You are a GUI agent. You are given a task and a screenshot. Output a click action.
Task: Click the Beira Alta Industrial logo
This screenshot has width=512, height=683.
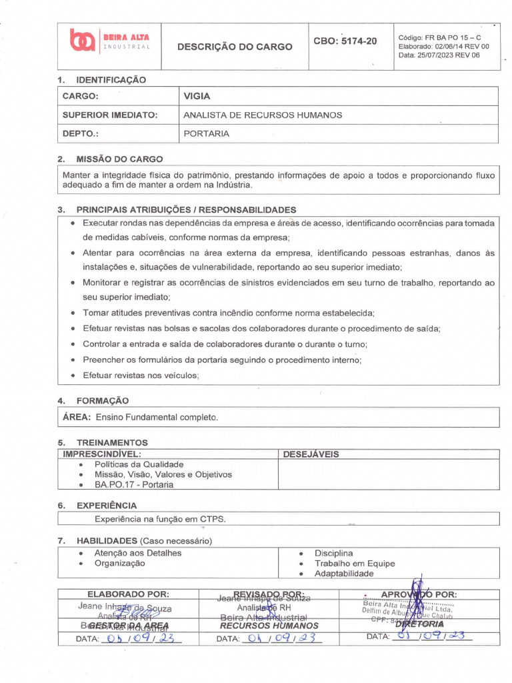[110, 42]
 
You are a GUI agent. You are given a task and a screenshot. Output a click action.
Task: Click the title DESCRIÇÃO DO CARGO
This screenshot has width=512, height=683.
[234, 47]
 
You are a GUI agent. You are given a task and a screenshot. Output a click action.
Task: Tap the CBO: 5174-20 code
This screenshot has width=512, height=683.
[345, 42]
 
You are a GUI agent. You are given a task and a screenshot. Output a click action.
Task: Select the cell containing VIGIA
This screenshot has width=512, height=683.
[197, 96]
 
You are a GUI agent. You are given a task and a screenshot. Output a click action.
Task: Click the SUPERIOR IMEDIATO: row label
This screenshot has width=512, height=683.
[109, 115]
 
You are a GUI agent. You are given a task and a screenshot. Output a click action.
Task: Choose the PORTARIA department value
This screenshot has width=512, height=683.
[206, 133]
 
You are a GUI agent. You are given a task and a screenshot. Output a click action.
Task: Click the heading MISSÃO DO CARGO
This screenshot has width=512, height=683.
[119, 159]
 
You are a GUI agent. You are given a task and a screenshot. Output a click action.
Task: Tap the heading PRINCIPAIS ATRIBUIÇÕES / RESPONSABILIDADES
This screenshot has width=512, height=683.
[186, 209]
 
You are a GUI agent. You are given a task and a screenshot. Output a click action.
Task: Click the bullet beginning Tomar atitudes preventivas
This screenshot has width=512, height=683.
[228, 312]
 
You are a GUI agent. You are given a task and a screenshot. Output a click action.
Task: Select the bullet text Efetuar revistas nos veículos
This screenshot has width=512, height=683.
[141, 376]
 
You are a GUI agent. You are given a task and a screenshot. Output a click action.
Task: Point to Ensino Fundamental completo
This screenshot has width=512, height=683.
[157, 417]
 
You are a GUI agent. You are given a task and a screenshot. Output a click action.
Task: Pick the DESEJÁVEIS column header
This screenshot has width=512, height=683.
[311, 454]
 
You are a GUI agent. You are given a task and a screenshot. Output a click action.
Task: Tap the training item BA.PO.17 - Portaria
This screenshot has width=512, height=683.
[133, 485]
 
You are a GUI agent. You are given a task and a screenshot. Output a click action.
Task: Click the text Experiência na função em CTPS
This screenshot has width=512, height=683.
[160, 518]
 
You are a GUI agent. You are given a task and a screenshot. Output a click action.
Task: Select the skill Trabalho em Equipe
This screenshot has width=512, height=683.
[354, 564]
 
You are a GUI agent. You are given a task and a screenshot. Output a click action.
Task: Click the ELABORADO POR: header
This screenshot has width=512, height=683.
[128, 594]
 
